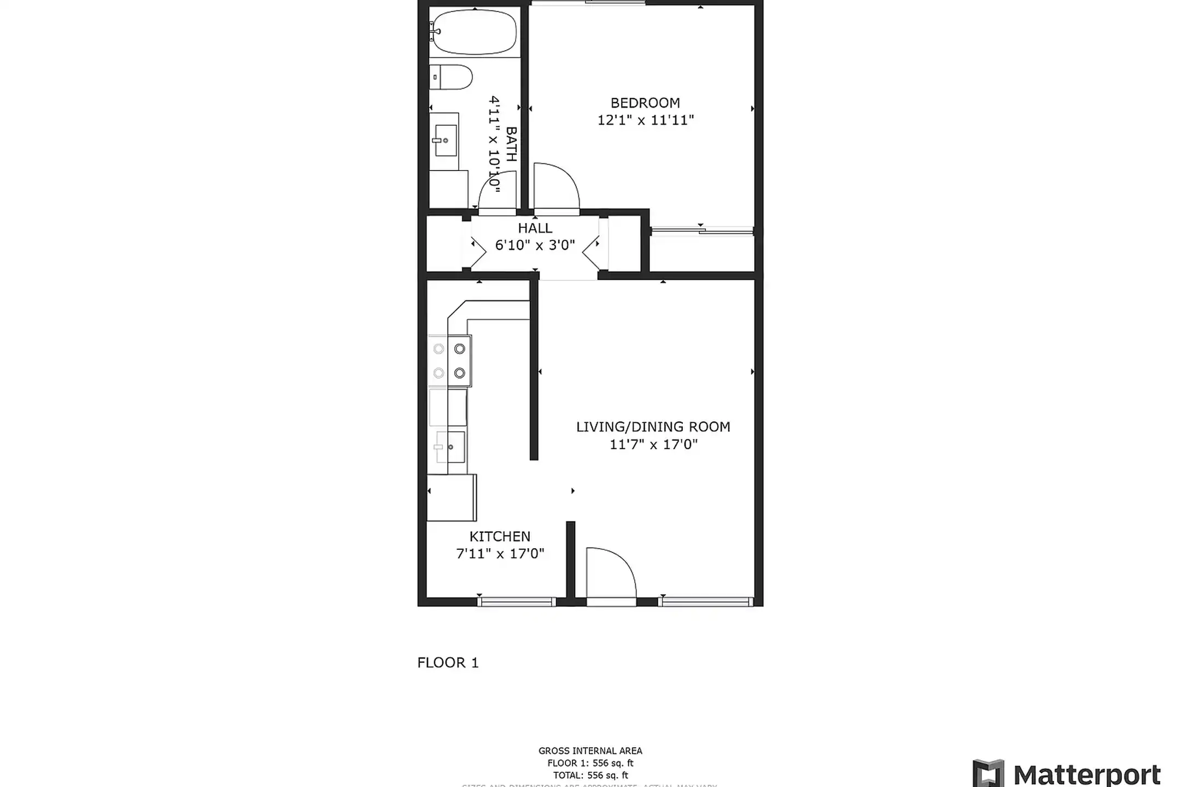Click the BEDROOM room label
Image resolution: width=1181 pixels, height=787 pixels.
[645, 103]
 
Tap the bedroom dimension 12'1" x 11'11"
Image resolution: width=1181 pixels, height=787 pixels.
[645, 120]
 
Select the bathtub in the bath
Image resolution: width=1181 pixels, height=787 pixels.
[474, 31]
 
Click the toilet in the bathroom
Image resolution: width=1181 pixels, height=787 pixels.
[452, 77]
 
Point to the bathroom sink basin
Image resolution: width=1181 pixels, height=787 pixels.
[446, 140]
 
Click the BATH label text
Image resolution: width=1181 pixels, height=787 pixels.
[511, 144]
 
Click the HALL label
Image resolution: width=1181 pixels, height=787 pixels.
[535, 228]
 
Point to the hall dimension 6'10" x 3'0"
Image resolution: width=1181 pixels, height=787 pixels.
[535, 245]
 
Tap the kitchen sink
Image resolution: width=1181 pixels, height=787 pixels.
[451, 447]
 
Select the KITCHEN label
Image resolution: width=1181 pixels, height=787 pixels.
[500, 537]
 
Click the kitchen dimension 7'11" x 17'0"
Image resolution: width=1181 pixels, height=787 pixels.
[500, 554]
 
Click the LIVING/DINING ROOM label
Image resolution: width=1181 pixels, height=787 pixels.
[653, 427]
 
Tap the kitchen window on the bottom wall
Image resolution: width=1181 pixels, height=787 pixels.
[517, 602]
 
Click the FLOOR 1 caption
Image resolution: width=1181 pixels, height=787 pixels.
[448, 663]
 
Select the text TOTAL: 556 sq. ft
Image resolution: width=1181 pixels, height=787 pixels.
[590, 775]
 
